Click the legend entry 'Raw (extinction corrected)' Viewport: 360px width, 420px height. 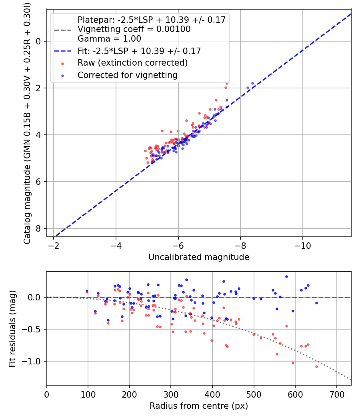point(132,63)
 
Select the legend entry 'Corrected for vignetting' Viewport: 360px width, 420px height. point(127,75)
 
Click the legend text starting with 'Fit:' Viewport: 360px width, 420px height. point(139,51)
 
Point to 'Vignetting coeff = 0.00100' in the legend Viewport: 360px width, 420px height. point(134,29)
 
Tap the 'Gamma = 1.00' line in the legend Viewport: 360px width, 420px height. point(109,39)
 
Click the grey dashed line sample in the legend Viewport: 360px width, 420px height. point(62,29)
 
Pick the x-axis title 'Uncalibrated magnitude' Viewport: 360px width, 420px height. point(199,257)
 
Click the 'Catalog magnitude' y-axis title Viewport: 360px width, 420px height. point(27,122)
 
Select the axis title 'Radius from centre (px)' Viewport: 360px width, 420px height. point(199,406)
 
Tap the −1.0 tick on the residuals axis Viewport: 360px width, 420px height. point(33,361)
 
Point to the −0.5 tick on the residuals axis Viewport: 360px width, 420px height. point(33,329)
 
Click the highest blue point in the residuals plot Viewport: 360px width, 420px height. point(286,276)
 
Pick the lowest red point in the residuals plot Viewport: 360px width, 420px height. point(316,366)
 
